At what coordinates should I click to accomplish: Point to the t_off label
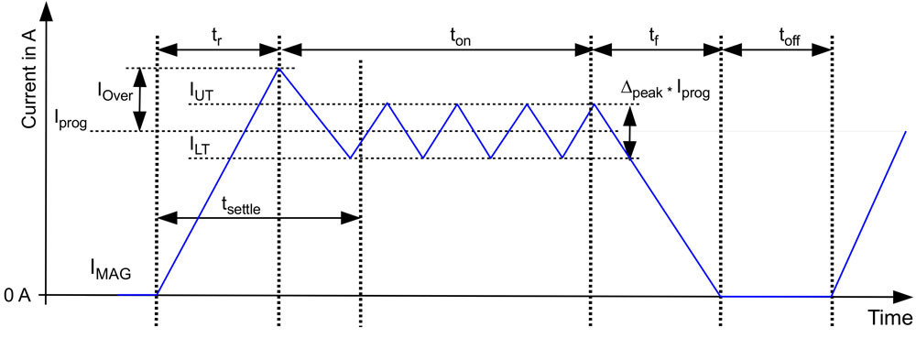coord(790,36)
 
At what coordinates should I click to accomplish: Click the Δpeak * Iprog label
coord(665,91)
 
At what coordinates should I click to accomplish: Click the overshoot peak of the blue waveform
coord(278,69)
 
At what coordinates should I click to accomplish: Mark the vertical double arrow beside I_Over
coord(139,99)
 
